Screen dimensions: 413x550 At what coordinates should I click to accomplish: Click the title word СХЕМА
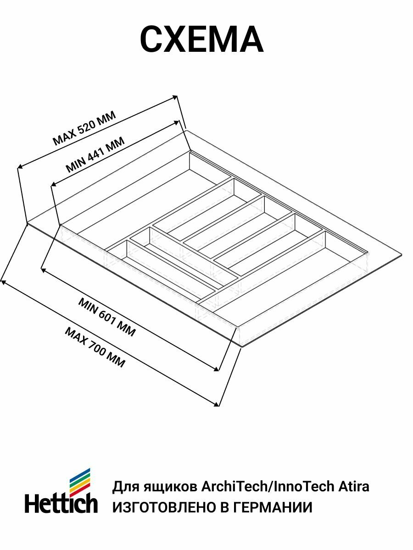pyautogui.click(x=201, y=40)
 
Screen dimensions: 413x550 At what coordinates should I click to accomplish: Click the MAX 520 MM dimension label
pyautogui.click(x=84, y=128)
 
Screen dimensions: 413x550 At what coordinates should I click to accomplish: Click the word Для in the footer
pyautogui.click(x=124, y=486)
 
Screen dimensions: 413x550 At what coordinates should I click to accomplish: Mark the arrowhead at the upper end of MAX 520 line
pyautogui.click(x=175, y=97)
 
